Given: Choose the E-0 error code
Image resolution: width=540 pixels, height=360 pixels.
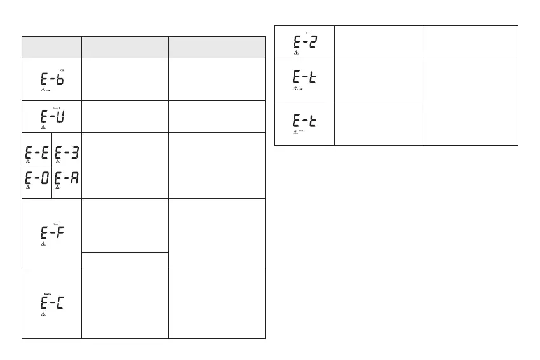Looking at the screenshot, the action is pyautogui.click(x=36, y=178).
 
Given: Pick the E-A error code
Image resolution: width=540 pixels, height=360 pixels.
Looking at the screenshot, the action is pyautogui.click(x=67, y=178).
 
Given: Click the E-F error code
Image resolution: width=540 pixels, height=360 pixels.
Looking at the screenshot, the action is pyautogui.click(x=52, y=233).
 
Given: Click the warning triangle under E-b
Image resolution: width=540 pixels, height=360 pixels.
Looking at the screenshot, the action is pyautogui.click(x=43, y=90).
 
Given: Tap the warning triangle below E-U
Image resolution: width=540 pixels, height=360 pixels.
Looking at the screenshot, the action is pyautogui.click(x=43, y=127).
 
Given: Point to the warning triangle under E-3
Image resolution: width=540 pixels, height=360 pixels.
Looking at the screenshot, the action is pyautogui.click(x=58, y=161).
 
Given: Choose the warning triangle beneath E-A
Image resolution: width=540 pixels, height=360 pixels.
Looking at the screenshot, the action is pyautogui.click(x=58, y=187).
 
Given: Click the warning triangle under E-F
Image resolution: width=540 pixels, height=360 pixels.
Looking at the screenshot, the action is pyautogui.click(x=43, y=243).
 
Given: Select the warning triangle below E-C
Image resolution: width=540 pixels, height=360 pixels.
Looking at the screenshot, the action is pyautogui.click(x=43, y=314).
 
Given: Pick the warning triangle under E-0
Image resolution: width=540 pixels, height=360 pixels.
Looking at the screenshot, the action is pyautogui.click(x=27, y=187).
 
